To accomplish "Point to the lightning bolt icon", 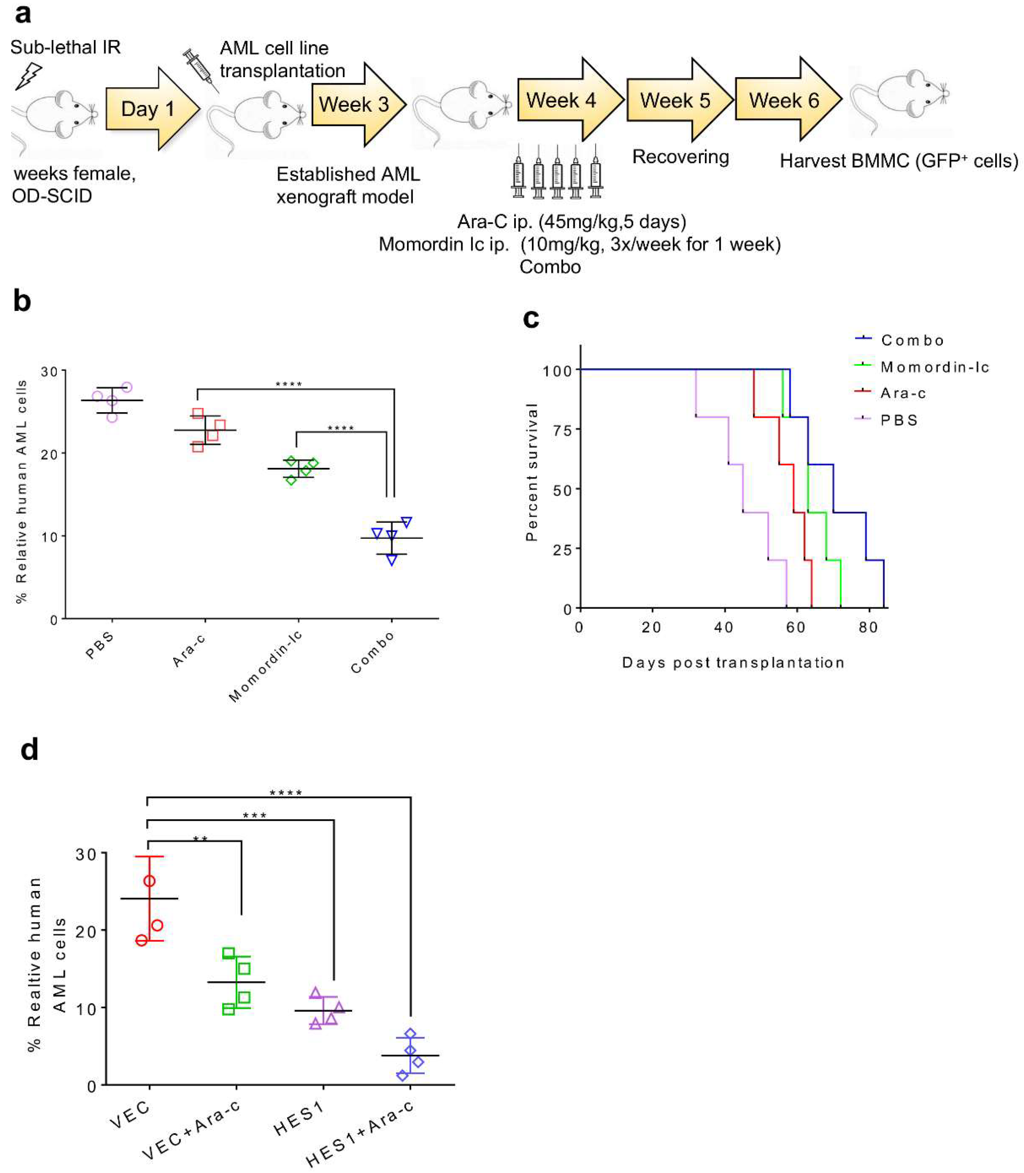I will [28, 76].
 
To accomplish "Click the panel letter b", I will [22, 301].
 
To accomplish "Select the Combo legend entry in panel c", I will [912, 341].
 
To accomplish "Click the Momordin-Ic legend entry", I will [934, 367].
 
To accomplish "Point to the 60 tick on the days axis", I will [795, 627].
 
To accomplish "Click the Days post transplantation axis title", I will [733, 663].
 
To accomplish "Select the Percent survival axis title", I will [532, 472].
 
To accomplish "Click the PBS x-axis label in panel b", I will [100, 646].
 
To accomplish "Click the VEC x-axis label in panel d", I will [130, 1114].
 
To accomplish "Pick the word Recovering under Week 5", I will [680, 157].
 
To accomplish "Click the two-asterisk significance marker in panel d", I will [200, 839].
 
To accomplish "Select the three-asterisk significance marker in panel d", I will [254, 815].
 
